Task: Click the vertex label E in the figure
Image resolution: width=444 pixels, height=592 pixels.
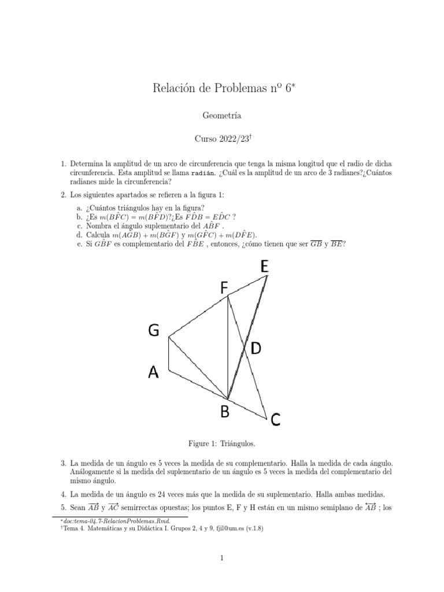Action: click(265, 267)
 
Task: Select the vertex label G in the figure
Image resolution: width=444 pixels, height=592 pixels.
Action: click(154, 330)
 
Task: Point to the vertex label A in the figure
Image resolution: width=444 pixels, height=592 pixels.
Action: click(153, 373)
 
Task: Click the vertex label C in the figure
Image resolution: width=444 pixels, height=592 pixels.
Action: click(275, 420)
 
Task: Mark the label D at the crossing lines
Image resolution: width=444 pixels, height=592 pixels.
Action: click(255, 348)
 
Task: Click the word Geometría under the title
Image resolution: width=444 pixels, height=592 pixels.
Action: click(222, 116)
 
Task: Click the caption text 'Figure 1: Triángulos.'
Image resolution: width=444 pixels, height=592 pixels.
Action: click(222, 443)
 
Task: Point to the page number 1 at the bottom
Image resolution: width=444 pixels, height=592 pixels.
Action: click(222, 557)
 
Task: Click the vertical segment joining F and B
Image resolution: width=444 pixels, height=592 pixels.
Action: click(228, 347)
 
